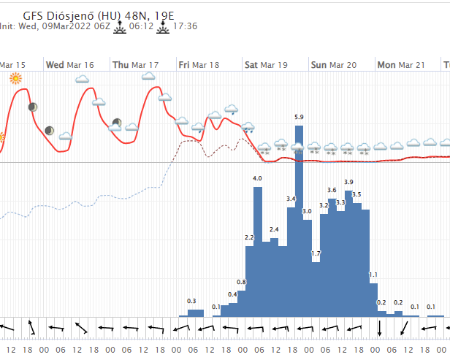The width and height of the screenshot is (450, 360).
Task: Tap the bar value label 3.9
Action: click(348, 182)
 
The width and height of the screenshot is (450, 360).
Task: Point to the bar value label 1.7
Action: click(316, 253)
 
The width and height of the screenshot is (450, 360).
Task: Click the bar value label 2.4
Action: click(274, 229)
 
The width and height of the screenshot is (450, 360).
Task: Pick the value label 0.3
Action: click(191, 301)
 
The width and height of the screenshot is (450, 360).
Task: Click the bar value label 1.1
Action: click(373, 275)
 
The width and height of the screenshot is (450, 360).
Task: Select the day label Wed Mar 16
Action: click(70, 65)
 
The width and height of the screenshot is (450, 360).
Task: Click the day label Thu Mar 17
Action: click(136, 65)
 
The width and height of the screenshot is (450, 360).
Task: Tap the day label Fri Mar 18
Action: click(199, 65)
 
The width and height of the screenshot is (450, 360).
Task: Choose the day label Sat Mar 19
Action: click(266, 65)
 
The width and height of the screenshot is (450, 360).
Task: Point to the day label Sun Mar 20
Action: click(334, 65)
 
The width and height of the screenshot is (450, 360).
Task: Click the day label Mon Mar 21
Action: click(401, 65)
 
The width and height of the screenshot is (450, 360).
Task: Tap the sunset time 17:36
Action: click(187, 26)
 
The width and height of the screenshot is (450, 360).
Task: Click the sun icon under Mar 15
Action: click(15, 78)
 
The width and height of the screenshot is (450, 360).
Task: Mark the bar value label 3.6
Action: click(332, 190)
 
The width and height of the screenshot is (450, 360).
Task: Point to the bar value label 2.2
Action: click(249, 237)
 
